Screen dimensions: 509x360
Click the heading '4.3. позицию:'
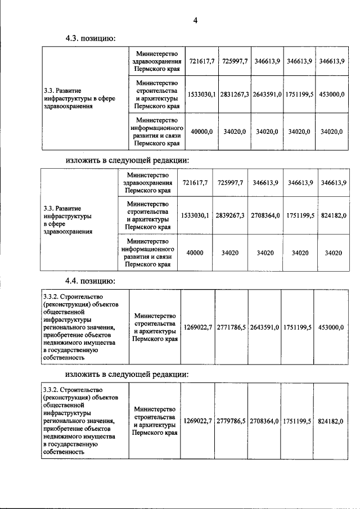click(91, 39)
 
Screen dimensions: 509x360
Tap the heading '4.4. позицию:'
click(91, 280)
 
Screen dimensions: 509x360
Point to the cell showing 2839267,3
click(229, 215)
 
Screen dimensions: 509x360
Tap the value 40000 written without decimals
click(195, 253)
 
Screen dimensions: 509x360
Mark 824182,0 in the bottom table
click(332, 421)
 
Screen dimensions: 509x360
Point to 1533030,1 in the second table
click(195, 215)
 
